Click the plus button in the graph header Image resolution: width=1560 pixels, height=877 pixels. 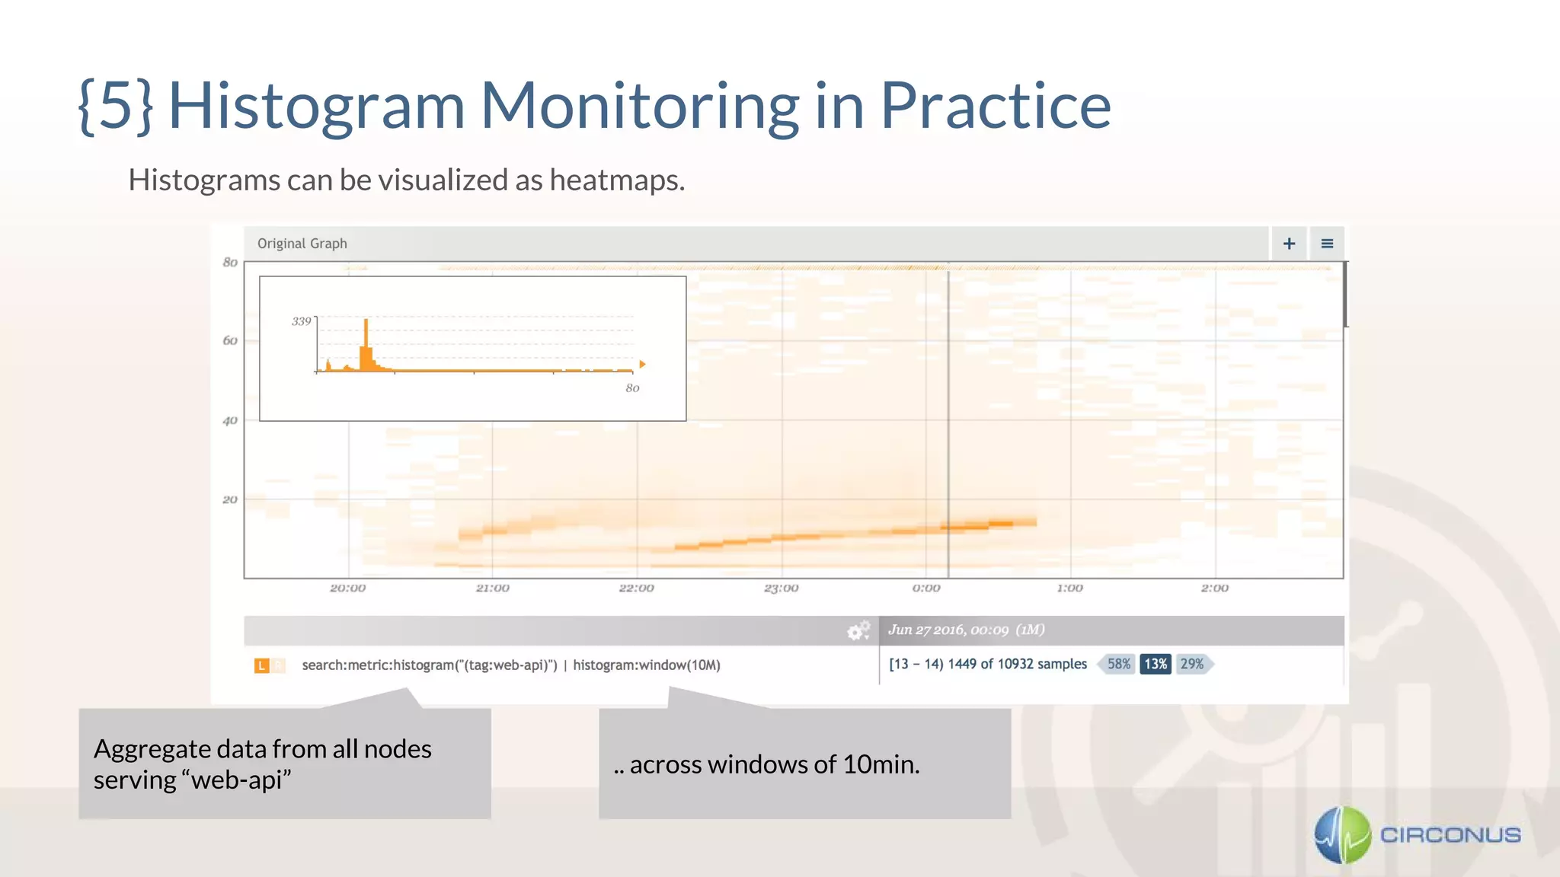(1289, 244)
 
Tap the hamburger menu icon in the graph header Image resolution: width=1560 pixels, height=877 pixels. (1327, 244)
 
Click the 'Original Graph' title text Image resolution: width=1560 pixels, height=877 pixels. (302, 244)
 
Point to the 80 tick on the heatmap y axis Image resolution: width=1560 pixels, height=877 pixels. (230, 263)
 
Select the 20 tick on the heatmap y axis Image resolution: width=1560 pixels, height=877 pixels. (230, 500)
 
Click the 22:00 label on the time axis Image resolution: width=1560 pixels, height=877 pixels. (637, 588)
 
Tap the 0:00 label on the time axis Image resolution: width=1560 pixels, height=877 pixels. (926, 588)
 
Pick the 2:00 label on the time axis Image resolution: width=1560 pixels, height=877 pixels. (1215, 588)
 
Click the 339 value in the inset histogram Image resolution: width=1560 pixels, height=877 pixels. (302, 321)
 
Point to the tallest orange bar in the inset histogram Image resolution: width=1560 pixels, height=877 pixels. (366, 343)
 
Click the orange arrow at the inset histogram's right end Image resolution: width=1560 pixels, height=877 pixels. (642, 365)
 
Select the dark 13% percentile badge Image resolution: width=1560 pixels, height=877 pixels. (1156, 664)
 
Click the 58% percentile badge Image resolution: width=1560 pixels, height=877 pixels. (1118, 664)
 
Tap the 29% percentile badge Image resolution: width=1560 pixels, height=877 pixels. (1192, 664)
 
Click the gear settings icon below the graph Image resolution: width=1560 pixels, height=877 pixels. (858, 631)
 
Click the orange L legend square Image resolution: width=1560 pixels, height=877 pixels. (261, 665)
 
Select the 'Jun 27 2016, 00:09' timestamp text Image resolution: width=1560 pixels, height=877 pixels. (948, 630)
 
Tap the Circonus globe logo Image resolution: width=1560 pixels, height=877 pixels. (1343, 835)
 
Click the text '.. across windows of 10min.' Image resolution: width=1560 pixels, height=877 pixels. (767, 764)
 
